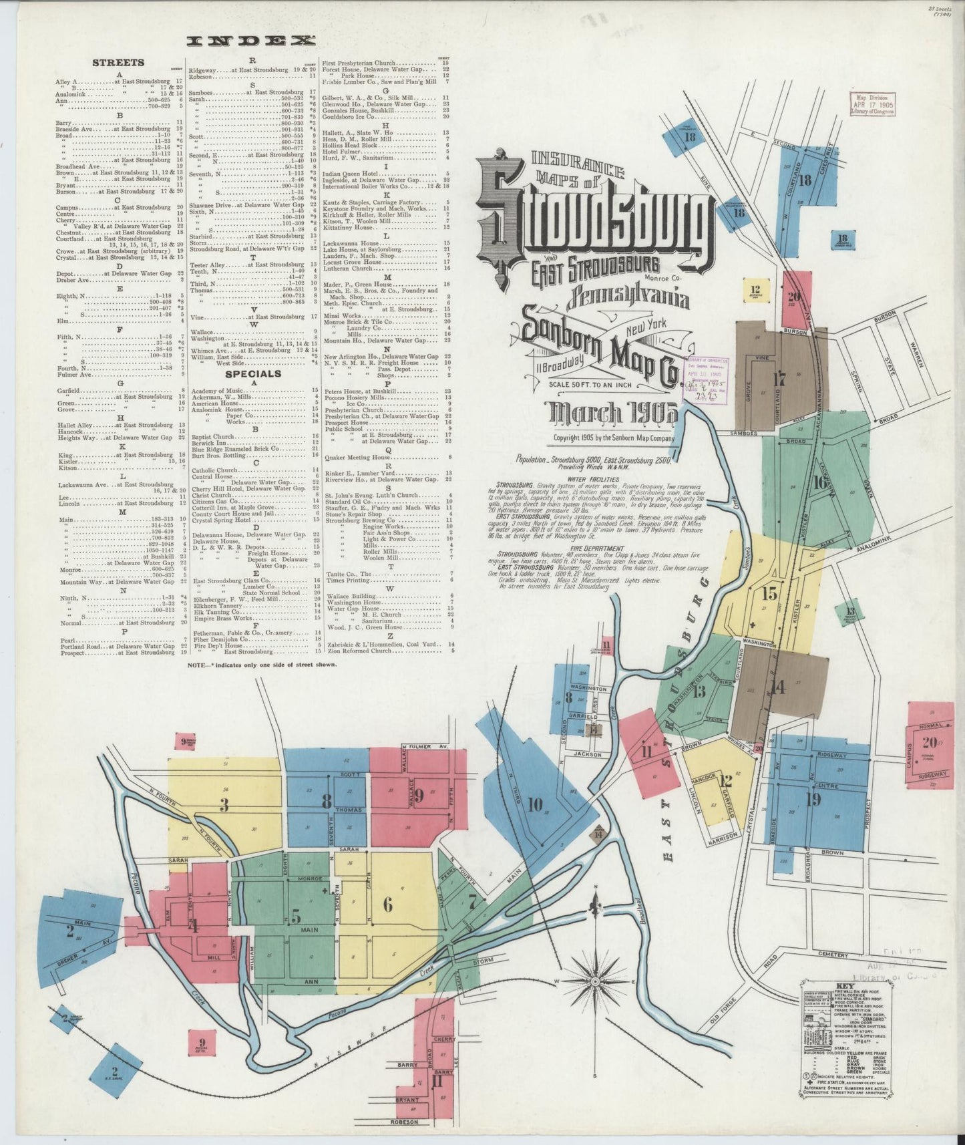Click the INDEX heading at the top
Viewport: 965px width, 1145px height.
click(x=250, y=41)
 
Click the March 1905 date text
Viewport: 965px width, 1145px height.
click(x=612, y=414)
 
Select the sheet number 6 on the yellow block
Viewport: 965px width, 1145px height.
click(x=387, y=905)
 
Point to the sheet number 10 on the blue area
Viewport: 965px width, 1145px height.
click(x=534, y=805)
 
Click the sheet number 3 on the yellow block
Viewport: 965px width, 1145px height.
click(x=225, y=806)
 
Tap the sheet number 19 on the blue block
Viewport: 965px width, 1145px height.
click(x=813, y=798)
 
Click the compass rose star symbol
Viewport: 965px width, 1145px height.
click(x=594, y=981)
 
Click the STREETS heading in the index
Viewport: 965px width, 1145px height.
click(x=118, y=63)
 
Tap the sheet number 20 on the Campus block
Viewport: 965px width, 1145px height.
click(x=929, y=742)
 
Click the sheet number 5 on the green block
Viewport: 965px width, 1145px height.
click(x=295, y=914)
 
